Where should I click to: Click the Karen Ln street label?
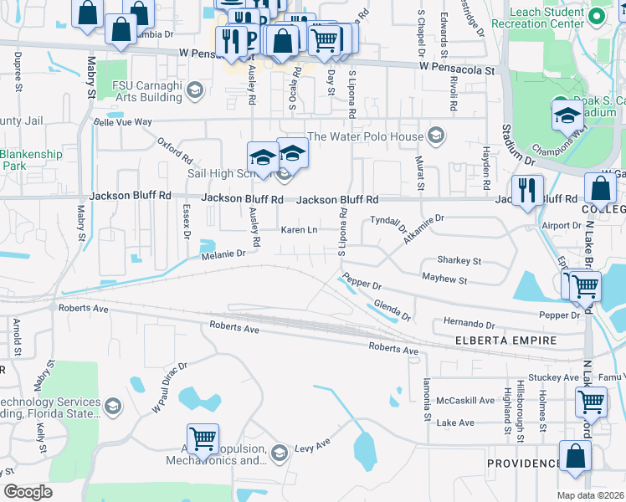pyautogui.click(x=299, y=229)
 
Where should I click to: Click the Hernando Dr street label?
pyautogui.click(x=469, y=323)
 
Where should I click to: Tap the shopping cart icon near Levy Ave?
pyautogui.click(x=203, y=438)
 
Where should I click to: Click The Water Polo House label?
pyautogui.click(x=367, y=136)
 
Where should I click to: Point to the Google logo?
pyautogui.click(x=28, y=492)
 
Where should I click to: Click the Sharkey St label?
pyautogui.click(x=459, y=261)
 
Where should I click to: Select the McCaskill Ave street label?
pyautogui.click(x=466, y=400)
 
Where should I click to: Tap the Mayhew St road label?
pyautogui.click(x=444, y=278)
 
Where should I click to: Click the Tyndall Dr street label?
pyautogui.click(x=388, y=223)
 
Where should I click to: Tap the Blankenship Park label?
pyautogui.click(x=31, y=160)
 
